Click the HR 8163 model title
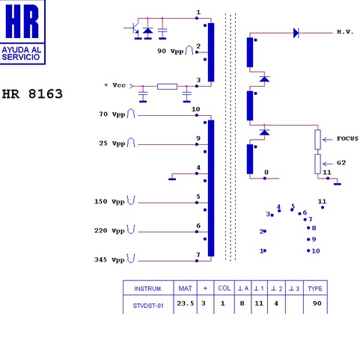tap(32, 94)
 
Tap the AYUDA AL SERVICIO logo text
tap(21, 53)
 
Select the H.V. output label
tap(345, 31)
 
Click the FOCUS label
tap(347, 138)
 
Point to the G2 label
tap(341, 163)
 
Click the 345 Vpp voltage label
tap(109, 259)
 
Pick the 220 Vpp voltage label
tap(109, 230)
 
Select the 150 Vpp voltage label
tap(109, 201)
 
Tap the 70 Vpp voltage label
tap(112, 114)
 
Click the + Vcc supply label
tap(115, 85)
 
